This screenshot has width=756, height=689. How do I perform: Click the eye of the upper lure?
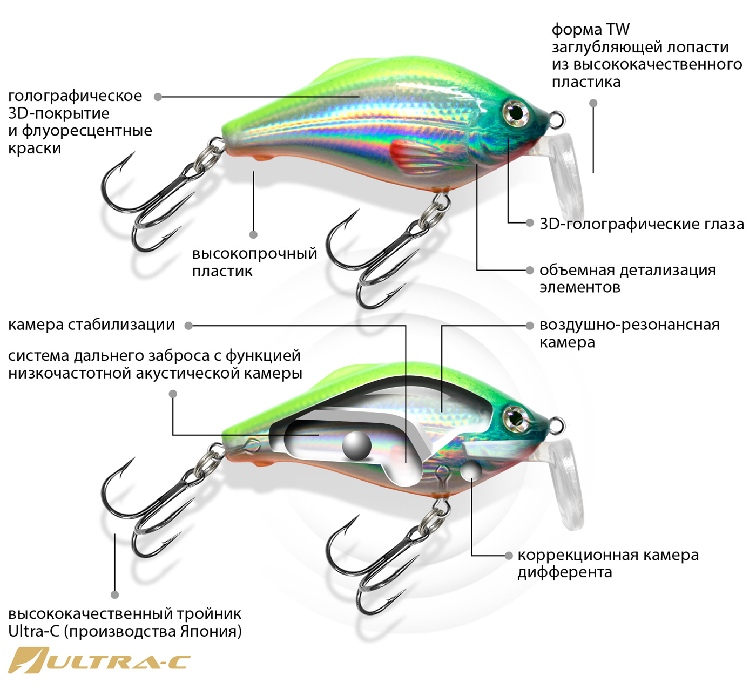point(515,112)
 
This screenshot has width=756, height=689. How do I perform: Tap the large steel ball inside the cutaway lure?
point(356,446)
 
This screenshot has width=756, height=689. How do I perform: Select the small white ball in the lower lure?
point(471,470)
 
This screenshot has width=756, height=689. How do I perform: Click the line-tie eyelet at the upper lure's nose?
point(558,119)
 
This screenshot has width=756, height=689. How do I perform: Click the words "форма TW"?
point(591,29)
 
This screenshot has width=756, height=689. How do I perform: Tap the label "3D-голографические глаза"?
point(642,224)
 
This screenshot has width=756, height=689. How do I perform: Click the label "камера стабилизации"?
point(92,325)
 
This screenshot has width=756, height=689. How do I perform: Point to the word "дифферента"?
point(564,572)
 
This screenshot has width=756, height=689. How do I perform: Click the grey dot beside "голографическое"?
point(158,97)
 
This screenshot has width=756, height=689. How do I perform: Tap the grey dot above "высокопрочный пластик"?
point(253,235)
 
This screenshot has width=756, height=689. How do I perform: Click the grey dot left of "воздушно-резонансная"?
point(530,326)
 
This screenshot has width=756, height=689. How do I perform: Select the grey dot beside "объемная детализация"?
point(530,270)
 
